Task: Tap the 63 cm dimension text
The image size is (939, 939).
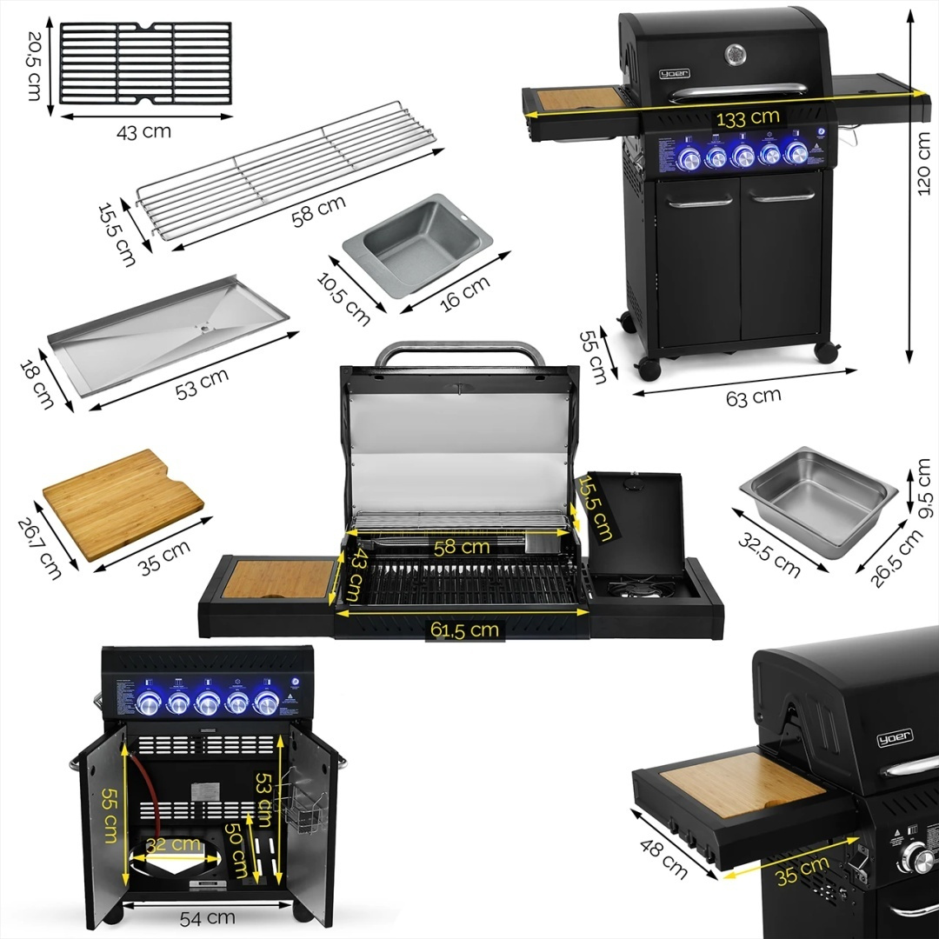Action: pyautogui.click(x=754, y=396)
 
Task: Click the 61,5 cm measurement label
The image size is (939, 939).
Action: pyautogui.click(x=464, y=629)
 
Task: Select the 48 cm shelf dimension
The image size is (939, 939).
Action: pyautogui.click(x=664, y=858)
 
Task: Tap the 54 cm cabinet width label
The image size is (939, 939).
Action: pyautogui.click(x=208, y=916)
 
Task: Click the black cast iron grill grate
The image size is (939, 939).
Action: pyautogui.click(x=145, y=63)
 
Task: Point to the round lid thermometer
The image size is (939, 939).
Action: pyautogui.click(x=736, y=54)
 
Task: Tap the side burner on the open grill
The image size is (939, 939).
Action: pyautogui.click(x=636, y=589)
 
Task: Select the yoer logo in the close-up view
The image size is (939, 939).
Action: pyautogui.click(x=894, y=739)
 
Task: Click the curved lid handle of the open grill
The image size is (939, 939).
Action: pyautogui.click(x=459, y=352)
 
